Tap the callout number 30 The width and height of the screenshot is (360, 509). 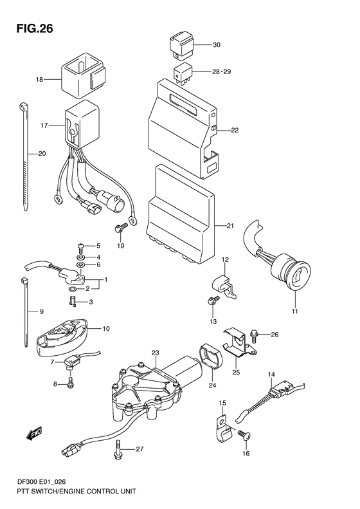216,45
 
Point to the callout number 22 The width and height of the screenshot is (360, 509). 234,130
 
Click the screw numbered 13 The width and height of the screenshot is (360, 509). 210,301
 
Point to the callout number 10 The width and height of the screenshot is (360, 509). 106,329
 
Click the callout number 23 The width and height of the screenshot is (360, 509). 155,353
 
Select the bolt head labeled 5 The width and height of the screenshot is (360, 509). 80,246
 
